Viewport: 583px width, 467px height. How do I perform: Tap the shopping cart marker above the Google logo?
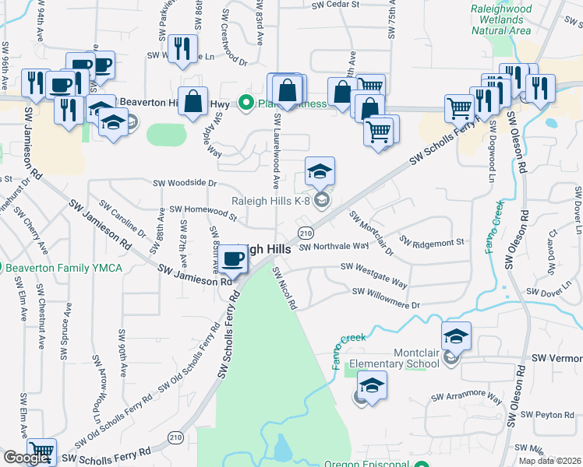(x=41, y=453)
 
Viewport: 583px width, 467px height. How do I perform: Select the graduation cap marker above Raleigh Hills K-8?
(x=320, y=171)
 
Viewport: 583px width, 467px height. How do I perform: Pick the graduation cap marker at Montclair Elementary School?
(x=457, y=336)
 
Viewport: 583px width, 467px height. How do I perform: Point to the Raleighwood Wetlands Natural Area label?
(x=501, y=19)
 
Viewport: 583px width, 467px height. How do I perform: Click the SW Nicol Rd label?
(x=284, y=288)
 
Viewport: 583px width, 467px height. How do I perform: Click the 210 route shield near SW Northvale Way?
(x=306, y=233)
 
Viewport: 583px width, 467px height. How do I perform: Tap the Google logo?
(x=26, y=458)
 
